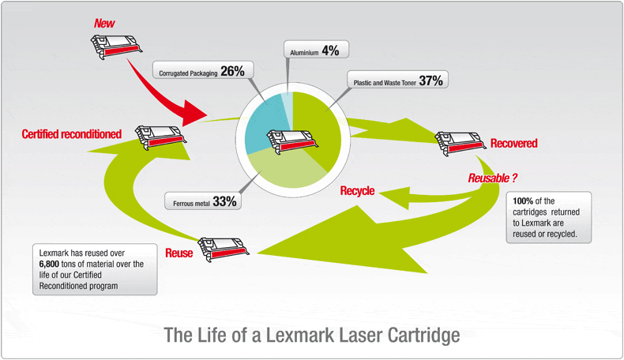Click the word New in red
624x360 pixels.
point(104,24)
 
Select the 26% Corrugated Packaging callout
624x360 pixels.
point(201,71)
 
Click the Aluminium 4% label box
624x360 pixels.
point(315,50)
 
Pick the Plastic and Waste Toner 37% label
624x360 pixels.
point(397,80)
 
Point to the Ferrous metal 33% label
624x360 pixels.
point(203,201)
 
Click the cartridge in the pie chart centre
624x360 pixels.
point(293,141)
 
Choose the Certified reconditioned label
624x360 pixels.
point(71,134)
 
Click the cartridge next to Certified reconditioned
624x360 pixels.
point(160,136)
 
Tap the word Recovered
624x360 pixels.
point(513,143)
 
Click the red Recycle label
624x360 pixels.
point(357,191)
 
